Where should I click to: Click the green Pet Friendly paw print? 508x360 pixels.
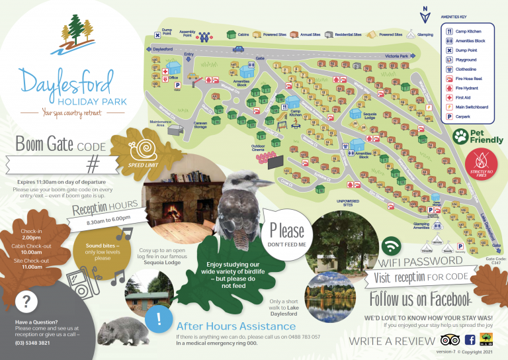(461, 137)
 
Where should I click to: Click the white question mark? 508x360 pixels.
(26, 302)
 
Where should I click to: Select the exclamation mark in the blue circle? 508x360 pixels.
(158, 318)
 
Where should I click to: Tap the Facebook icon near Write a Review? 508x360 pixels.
(470, 340)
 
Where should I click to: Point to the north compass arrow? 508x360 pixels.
(425, 11)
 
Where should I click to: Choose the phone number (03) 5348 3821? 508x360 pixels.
(32, 343)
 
